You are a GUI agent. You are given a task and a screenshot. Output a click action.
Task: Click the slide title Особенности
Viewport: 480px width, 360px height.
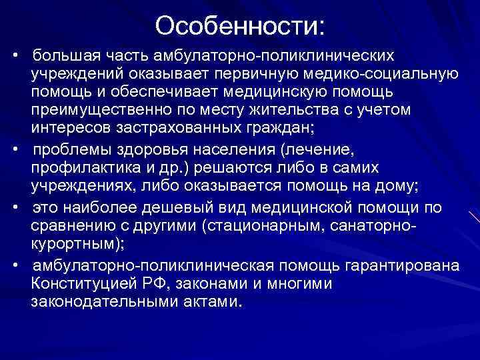click(x=241, y=26)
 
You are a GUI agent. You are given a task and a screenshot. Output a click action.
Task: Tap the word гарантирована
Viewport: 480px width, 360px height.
click(x=419, y=266)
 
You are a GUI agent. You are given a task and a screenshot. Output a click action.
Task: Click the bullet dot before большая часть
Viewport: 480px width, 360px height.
click(x=21, y=53)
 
